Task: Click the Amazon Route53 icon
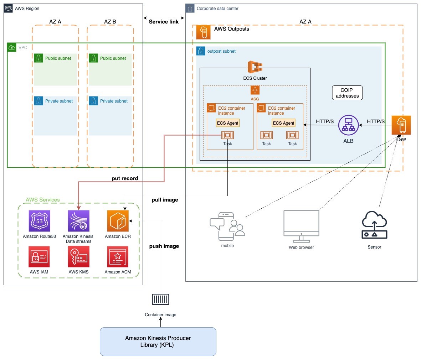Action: (x=39, y=221)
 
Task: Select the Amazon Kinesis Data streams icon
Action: (x=78, y=221)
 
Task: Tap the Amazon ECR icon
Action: (x=118, y=221)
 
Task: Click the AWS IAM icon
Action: (x=39, y=257)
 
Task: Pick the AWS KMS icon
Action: (x=78, y=257)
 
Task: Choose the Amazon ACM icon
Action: (x=118, y=257)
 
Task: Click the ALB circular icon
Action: (x=348, y=125)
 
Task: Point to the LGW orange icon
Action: (x=401, y=125)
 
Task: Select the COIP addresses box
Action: (x=347, y=93)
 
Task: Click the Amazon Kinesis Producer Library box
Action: (x=158, y=341)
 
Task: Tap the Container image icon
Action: (x=160, y=299)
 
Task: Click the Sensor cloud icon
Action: (x=374, y=225)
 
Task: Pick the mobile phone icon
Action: (x=227, y=226)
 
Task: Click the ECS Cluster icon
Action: (x=255, y=67)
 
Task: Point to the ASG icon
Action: (x=255, y=90)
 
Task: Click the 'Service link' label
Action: (x=164, y=22)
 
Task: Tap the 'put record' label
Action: (x=125, y=178)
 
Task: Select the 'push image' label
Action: (x=164, y=246)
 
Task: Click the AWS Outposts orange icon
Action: (x=204, y=32)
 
